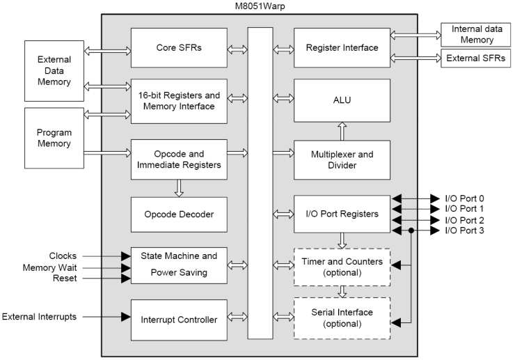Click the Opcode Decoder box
179,214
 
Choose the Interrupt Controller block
179,319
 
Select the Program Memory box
54,138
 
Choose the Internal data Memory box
473,35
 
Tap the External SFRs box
473,58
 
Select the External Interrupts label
41,317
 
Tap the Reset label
64,279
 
